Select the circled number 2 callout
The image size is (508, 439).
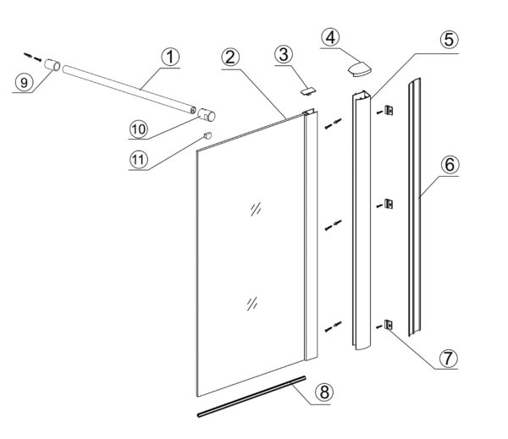(229, 58)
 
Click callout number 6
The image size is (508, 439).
(450, 164)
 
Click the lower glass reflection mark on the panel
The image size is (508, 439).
(251, 304)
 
